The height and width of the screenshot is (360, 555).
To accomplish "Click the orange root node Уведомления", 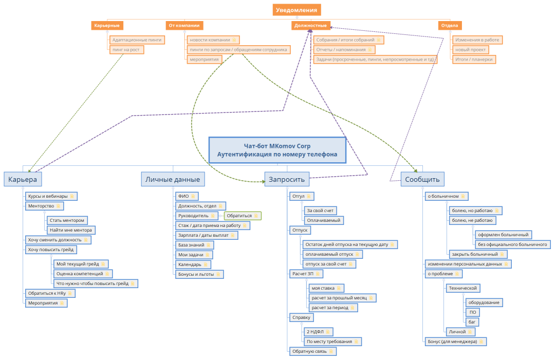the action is tap(297, 10).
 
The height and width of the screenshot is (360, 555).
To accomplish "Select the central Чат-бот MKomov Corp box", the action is tap(277, 150).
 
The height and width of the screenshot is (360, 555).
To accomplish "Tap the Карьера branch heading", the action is tap(23, 179).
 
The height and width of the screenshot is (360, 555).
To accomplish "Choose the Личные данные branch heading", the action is tap(173, 179).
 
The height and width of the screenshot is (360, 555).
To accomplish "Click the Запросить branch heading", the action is tap(287, 179).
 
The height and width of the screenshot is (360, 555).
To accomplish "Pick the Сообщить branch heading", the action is tap(422, 179).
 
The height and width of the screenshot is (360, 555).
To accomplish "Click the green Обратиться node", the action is tap(243, 216).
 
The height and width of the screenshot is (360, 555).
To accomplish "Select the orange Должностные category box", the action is tap(311, 26).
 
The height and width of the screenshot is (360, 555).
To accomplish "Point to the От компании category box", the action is tap(184, 26).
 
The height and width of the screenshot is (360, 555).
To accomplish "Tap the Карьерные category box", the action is tap(107, 26).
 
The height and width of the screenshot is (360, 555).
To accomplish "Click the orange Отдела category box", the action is tap(450, 26).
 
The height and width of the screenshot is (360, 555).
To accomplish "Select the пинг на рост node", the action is tap(126, 50).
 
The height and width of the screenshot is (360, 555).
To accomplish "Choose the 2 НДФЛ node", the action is tap(319, 332).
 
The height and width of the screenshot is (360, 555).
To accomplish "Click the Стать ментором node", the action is tap(67, 220).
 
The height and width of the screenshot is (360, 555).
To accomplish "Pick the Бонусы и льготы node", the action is tap(199, 274).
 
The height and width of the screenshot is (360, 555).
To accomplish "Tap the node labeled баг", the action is tap(472, 322).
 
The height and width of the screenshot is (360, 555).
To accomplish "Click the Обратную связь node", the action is tap(312, 351).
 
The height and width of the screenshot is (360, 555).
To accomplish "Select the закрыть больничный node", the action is tap(478, 254).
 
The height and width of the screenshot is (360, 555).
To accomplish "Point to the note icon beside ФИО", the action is tap(193, 196).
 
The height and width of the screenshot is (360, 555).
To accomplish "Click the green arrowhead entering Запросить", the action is tap(263, 182).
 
